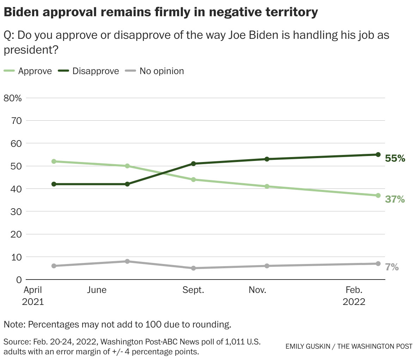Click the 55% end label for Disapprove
pos(395,158)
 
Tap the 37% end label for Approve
pos(395,199)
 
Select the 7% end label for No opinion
pos(392,267)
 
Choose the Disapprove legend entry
pos(96,71)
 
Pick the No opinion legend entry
pos(161,71)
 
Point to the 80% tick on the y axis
pos(13,98)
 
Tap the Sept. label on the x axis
pos(193,290)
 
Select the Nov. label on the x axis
pos(257,290)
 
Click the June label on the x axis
pos(97,290)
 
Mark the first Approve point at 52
pos(54,161)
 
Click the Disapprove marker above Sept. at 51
pos(193,164)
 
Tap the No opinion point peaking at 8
pos(127,262)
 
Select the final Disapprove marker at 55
pos(378,155)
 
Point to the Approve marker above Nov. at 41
pos(267,186)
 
